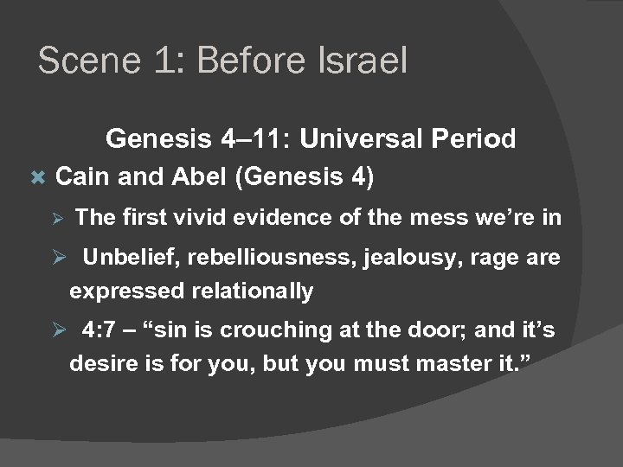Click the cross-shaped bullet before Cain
pos(36,177)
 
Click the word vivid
pos(203,217)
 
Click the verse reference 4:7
pos(100,329)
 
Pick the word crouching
pos(259,329)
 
